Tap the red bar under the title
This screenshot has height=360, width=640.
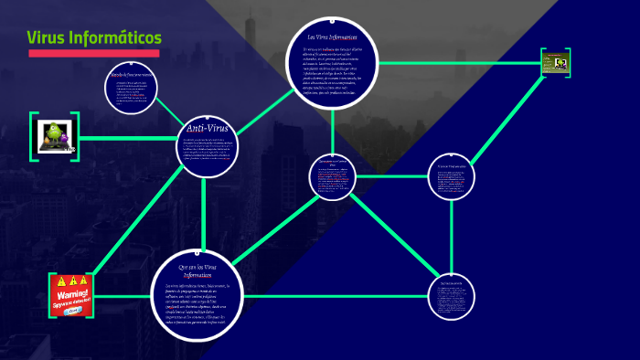pos(94,53)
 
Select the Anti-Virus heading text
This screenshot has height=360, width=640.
pos(208,128)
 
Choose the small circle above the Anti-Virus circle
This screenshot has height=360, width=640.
pos(133,85)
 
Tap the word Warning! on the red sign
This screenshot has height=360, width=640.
pos(71,295)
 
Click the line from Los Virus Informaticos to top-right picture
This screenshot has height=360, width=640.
pos(457,63)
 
